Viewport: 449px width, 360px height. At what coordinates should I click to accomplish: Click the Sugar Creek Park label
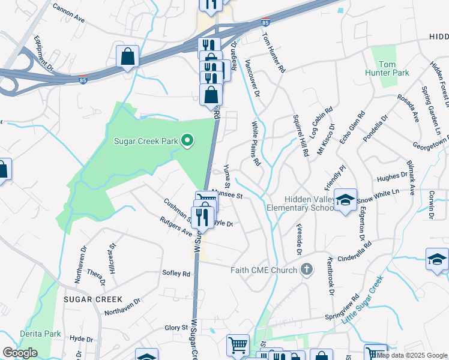click(146, 142)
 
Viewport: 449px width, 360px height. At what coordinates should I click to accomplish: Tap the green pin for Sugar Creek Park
click(187, 141)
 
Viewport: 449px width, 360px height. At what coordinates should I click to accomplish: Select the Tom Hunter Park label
click(387, 68)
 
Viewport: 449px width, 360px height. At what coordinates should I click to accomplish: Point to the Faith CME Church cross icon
click(307, 269)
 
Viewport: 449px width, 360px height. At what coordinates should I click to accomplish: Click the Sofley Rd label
click(176, 273)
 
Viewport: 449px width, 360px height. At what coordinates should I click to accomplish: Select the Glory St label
click(176, 328)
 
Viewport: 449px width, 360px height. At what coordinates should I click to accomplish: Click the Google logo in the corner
click(20, 353)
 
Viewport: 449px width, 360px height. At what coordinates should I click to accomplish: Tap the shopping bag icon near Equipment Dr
click(128, 58)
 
